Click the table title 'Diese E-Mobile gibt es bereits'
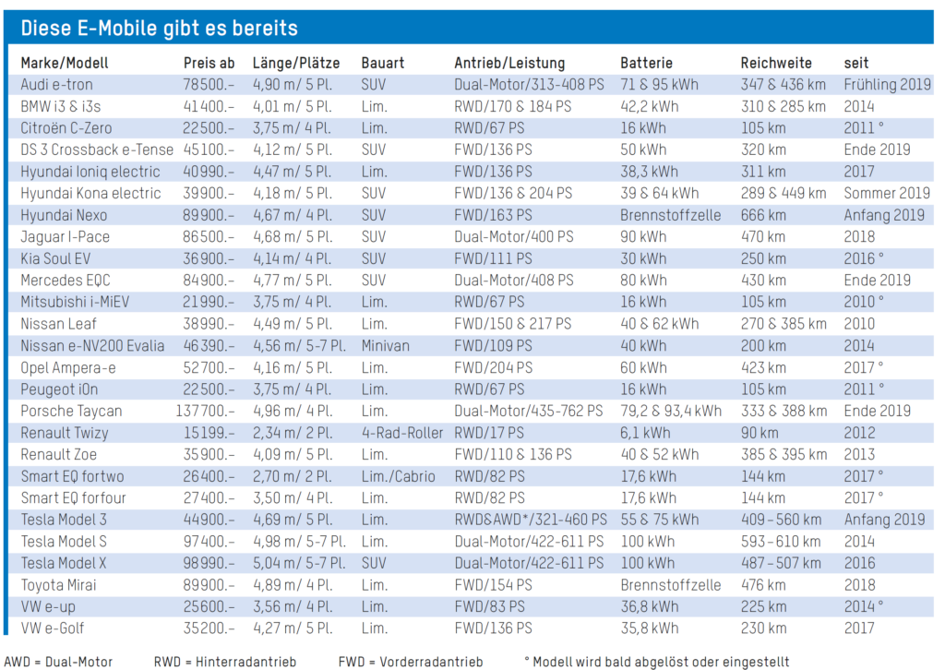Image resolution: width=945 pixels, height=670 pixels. (x=159, y=28)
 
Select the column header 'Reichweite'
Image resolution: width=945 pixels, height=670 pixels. (x=776, y=63)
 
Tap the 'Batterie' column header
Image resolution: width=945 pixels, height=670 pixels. (x=652, y=63)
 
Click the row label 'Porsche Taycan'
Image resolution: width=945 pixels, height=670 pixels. (x=71, y=411)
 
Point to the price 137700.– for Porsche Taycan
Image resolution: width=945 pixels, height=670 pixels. (x=208, y=411)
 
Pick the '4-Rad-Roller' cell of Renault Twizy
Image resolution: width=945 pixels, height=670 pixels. (x=402, y=433)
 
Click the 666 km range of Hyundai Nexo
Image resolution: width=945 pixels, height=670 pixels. (x=763, y=215)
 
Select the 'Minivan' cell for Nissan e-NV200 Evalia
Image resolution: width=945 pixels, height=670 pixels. (x=388, y=345)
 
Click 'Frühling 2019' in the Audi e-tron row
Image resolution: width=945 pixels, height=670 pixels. (x=887, y=84)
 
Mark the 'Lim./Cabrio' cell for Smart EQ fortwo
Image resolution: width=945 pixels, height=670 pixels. (x=399, y=476)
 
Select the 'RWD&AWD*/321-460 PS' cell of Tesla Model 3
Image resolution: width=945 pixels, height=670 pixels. (x=530, y=520)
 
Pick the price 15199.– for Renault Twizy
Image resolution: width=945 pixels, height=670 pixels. (x=209, y=433)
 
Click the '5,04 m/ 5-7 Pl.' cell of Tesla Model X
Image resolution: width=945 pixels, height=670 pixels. (x=298, y=563)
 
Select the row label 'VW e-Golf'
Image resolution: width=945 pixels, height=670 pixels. (x=58, y=628)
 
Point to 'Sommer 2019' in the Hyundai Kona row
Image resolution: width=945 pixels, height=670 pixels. (x=887, y=193)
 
